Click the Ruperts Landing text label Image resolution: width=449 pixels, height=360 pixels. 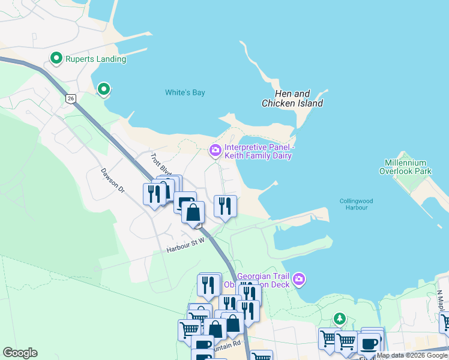click(x=96, y=59)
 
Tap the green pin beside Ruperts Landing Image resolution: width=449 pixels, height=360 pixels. click(x=56, y=58)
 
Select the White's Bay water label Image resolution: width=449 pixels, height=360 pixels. click(x=185, y=92)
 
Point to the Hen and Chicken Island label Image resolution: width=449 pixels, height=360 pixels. click(x=292, y=98)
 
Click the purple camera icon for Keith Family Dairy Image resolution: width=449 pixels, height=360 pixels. click(x=215, y=149)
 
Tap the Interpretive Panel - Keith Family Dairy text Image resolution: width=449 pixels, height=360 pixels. click(x=258, y=151)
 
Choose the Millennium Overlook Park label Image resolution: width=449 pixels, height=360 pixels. click(x=405, y=167)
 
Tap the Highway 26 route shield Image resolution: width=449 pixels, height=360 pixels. click(x=71, y=98)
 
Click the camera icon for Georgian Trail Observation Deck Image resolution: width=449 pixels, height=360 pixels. click(x=300, y=280)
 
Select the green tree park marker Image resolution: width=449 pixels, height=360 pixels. click(x=340, y=318)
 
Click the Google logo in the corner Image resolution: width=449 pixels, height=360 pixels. click(x=20, y=353)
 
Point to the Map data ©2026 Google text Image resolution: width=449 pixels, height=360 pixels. click(x=412, y=355)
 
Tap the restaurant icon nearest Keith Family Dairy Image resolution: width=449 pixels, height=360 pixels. click(x=225, y=206)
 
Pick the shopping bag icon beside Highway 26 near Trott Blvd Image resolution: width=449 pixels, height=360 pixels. click(x=193, y=212)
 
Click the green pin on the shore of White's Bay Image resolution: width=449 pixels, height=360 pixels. click(x=103, y=89)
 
